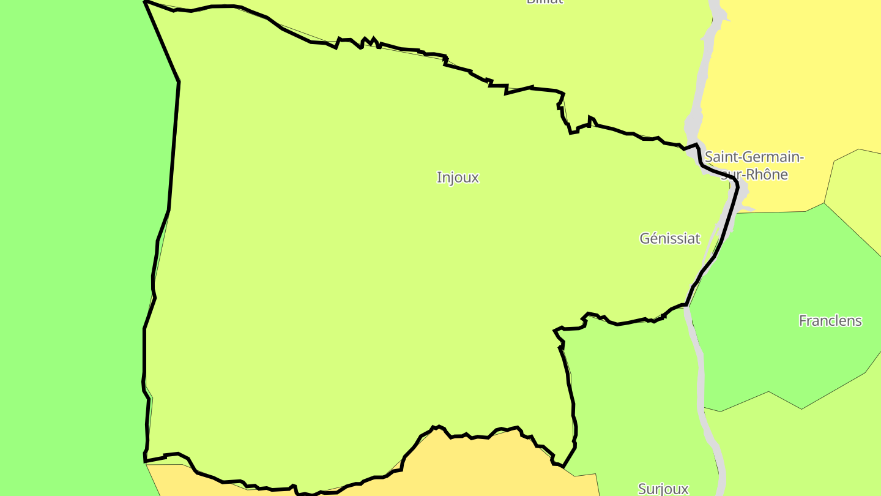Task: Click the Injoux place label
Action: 458,178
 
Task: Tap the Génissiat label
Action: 670,238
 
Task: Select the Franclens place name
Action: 830,321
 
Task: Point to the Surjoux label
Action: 663,489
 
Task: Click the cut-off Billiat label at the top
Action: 545,2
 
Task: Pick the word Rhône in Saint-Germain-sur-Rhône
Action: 767,175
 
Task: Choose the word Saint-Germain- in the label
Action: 754,157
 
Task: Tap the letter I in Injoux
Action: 439,178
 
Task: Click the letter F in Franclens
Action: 803,321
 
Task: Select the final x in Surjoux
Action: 685,489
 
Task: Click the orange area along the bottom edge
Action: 489,465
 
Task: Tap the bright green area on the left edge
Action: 67,245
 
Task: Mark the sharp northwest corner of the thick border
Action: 146,2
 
